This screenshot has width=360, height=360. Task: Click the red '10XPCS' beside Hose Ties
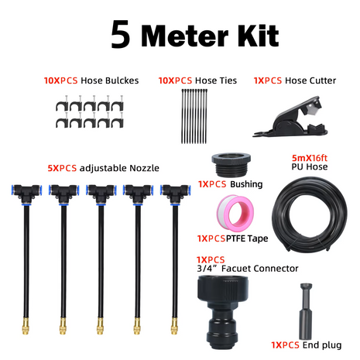(176, 80)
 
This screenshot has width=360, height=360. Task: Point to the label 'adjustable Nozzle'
(118, 166)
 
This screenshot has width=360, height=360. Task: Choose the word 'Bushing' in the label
(246, 185)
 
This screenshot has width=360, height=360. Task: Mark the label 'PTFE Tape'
(248, 238)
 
